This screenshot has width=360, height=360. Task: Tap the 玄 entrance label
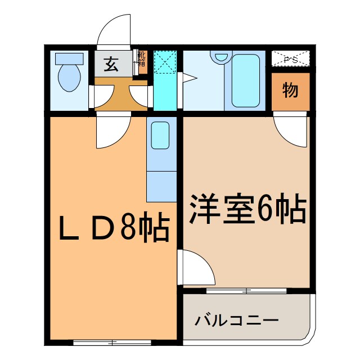point(111,65)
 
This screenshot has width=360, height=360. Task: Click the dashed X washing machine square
point(165,62)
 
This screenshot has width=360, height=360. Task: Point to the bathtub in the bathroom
point(246,80)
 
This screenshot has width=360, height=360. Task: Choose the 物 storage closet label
point(290,91)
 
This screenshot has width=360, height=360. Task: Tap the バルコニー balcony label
point(237,321)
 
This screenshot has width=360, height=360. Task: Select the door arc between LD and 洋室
point(197,269)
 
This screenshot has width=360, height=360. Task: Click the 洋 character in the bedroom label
point(204,210)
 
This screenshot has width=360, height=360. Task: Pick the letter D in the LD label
point(98,227)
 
